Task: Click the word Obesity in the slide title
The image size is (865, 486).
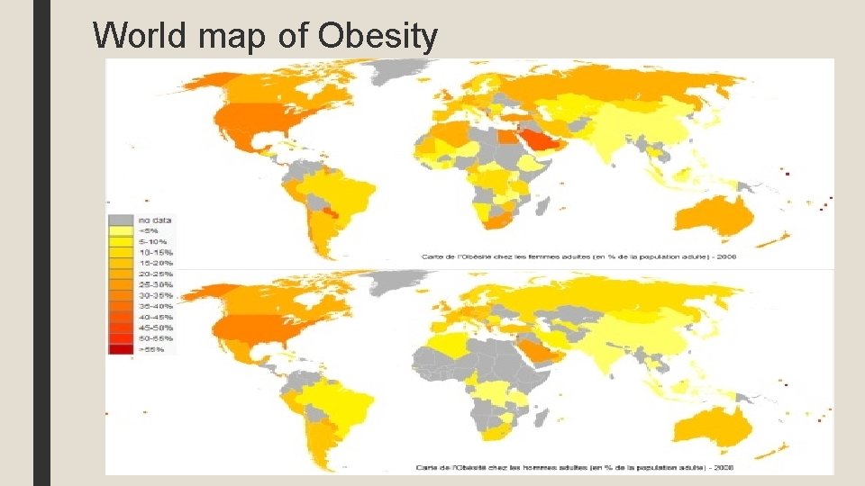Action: click(x=378, y=36)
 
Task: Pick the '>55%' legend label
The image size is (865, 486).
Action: click(x=150, y=348)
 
